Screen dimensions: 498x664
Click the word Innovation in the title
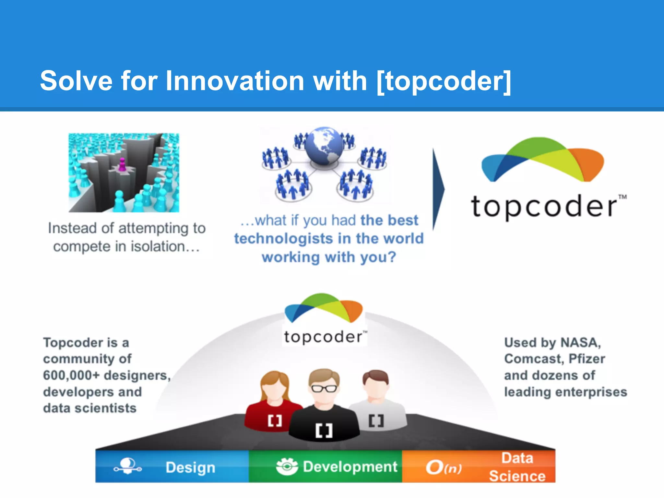click(x=235, y=81)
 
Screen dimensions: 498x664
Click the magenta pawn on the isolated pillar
click(x=122, y=164)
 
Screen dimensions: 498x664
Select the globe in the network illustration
click(x=324, y=146)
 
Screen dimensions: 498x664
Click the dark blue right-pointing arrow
click(x=438, y=189)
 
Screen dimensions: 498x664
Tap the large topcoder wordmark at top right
click(x=544, y=207)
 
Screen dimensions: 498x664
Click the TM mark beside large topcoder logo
click(x=622, y=197)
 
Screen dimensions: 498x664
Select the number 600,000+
click(x=71, y=375)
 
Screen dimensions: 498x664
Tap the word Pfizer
click(x=587, y=359)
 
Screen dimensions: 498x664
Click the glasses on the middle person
click(x=324, y=388)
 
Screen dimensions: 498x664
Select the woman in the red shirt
click(x=274, y=402)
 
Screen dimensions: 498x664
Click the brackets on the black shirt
click(x=324, y=431)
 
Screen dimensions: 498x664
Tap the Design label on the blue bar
click(x=190, y=468)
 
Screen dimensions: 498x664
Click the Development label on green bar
click(x=350, y=467)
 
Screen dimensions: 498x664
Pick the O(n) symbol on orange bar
click(x=444, y=468)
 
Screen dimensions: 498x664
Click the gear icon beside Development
click(x=287, y=467)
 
